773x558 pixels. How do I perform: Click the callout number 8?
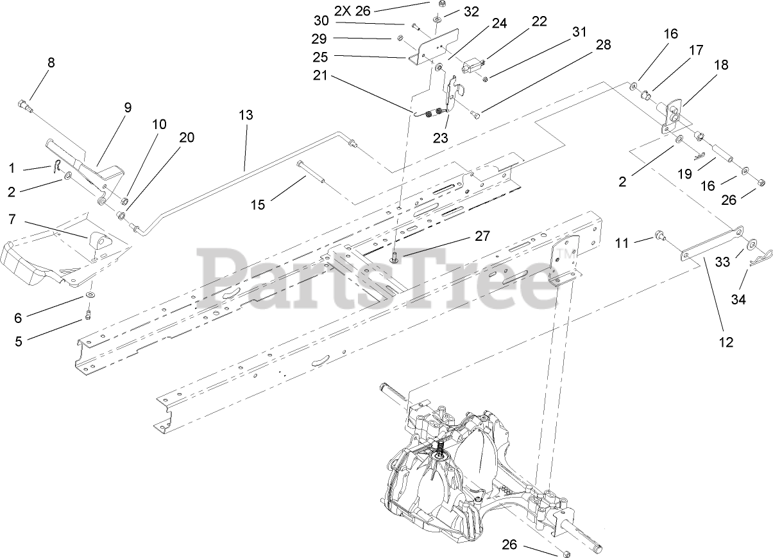coord(51,63)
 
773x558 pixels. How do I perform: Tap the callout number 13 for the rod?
coord(246,116)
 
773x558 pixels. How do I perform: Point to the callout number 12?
coord(726,342)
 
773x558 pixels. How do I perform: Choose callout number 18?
coord(721,65)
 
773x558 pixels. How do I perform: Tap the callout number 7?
coord(12,220)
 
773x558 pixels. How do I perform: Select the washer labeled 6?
coord(90,296)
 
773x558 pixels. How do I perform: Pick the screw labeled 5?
coord(89,314)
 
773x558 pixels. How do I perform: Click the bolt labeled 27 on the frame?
coord(396,257)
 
